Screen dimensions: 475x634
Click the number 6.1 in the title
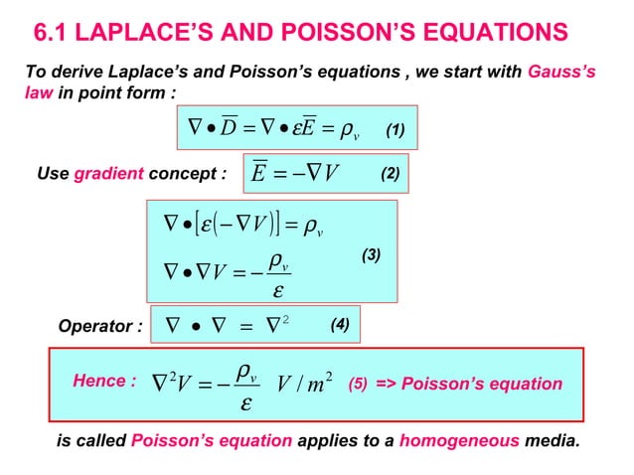[x=54, y=34]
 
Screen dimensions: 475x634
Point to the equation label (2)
[x=391, y=176]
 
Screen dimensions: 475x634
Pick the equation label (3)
[x=370, y=255]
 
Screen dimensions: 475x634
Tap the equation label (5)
[x=357, y=384]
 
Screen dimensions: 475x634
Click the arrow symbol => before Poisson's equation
[x=386, y=384]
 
